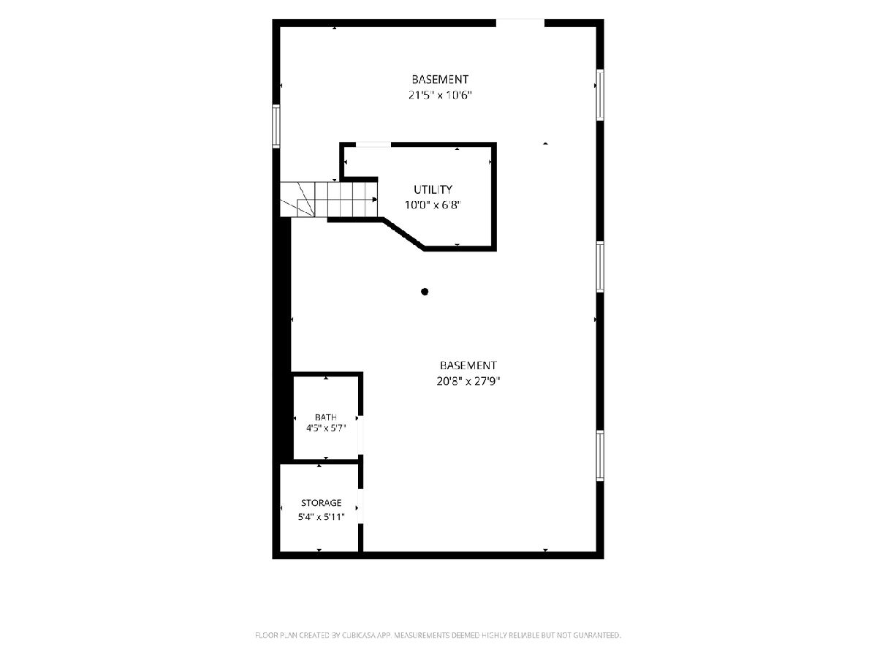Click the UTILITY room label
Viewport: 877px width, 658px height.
[433, 189]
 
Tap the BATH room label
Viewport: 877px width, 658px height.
[326, 417]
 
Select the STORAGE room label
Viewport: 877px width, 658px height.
[322, 502]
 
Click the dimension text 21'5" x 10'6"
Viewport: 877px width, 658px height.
[440, 95]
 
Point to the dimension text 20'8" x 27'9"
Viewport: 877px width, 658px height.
[468, 381]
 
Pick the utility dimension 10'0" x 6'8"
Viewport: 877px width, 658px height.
[433, 205]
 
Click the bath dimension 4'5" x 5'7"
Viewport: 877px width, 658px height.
[326, 428]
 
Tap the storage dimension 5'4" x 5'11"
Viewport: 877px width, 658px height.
[322, 517]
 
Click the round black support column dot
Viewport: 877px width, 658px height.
[425, 292]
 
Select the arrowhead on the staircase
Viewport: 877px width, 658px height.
[375, 200]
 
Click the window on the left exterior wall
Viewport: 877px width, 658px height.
[276, 126]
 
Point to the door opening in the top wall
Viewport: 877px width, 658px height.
[520, 23]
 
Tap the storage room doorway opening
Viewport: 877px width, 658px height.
[360, 506]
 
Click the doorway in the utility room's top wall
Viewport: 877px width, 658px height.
[373, 145]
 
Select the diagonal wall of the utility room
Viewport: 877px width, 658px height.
[403, 234]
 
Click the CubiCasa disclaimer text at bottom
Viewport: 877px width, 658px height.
[438, 635]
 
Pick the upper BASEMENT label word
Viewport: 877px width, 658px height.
[440, 80]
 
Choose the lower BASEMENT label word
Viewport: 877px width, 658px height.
[468, 365]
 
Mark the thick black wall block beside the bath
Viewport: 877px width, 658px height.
[283, 339]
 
